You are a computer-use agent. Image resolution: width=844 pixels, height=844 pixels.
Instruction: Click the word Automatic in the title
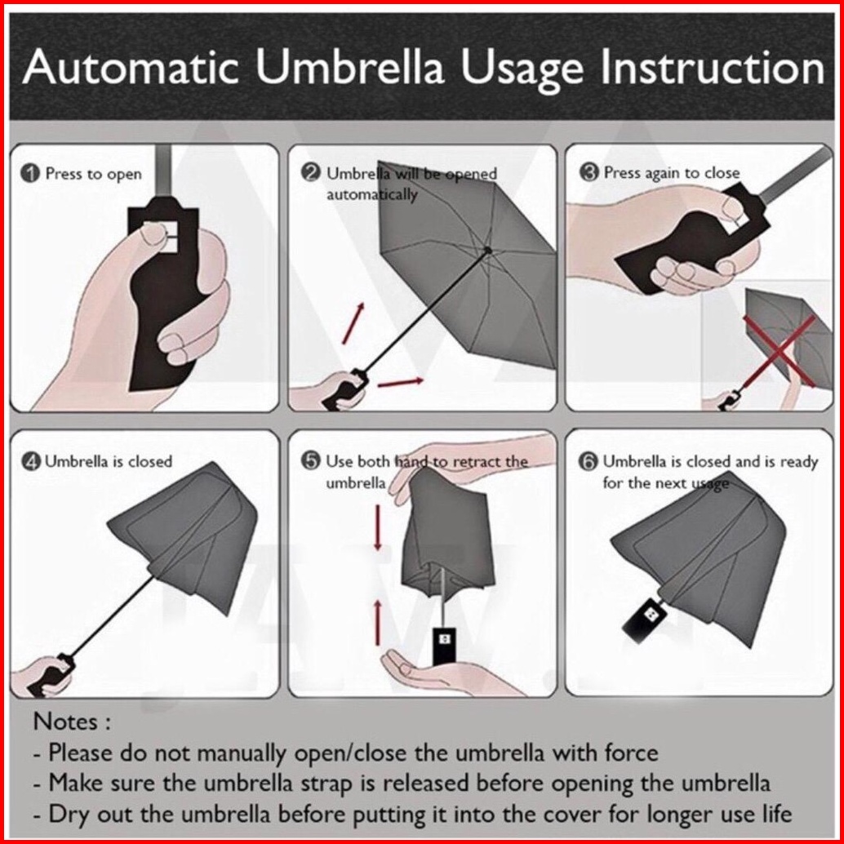point(131,67)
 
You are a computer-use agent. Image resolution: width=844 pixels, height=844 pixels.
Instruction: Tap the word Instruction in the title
point(712,67)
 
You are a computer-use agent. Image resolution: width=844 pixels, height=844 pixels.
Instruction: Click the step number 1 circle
point(30,174)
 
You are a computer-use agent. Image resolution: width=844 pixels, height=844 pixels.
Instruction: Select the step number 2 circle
point(311,173)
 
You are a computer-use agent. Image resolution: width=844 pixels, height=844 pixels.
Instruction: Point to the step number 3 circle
point(589,173)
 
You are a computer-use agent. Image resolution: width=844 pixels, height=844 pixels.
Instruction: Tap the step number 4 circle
point(30,462)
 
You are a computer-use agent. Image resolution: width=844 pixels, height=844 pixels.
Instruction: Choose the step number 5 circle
point(311,461)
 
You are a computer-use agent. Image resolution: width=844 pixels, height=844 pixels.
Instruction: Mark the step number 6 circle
point(589,461)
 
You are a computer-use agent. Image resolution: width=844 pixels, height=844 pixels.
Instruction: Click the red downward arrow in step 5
point(378,527)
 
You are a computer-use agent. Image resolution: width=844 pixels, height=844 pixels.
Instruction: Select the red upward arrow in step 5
point(378,623)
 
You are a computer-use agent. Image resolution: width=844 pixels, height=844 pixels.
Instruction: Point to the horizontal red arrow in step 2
point(401,382)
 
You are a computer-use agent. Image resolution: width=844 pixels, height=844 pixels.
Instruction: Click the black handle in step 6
point(644,619)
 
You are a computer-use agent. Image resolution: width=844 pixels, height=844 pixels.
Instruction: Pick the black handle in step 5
point(445,646)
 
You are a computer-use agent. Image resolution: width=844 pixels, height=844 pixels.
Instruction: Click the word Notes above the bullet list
point(65,722)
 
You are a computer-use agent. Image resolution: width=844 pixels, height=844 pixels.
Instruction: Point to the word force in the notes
point(632,753)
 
